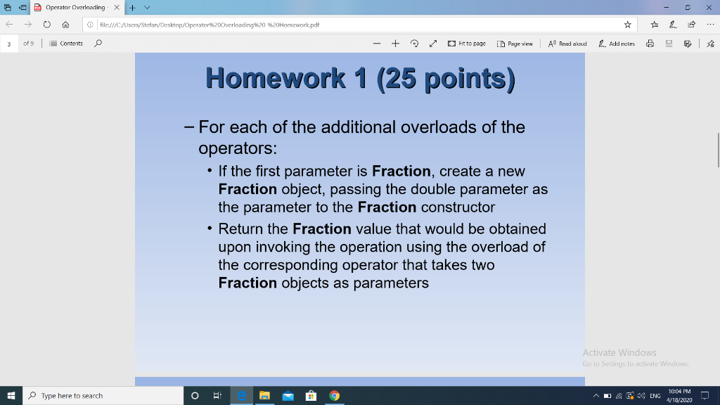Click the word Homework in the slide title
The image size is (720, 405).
coord(275,77)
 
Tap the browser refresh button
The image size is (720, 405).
coord(46,25)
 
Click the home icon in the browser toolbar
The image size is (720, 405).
coord(65,25)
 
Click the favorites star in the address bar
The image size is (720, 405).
coord(627,25)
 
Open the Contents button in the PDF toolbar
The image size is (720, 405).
coord(67,44)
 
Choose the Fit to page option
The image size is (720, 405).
coord(467,44)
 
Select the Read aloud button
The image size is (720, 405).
coord(567,44)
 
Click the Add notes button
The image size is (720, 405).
coord(617,44)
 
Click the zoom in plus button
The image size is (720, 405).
coord(396,44)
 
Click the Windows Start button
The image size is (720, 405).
coord(12,396)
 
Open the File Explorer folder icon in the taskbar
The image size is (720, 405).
coord(264,396)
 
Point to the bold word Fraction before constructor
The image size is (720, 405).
coord(387,207)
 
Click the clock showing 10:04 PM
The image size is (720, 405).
coord(679,396)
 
